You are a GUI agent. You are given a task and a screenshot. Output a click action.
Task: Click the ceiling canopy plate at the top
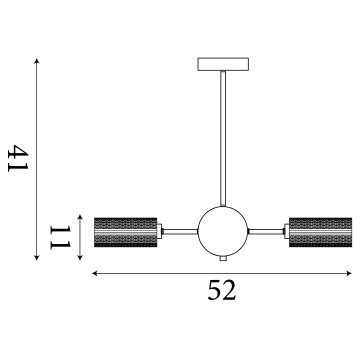(x=221, y=65)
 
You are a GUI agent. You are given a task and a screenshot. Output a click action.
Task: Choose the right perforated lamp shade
(x=319, y=235)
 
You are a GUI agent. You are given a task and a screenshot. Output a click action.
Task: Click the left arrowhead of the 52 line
(x=96, y=272)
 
